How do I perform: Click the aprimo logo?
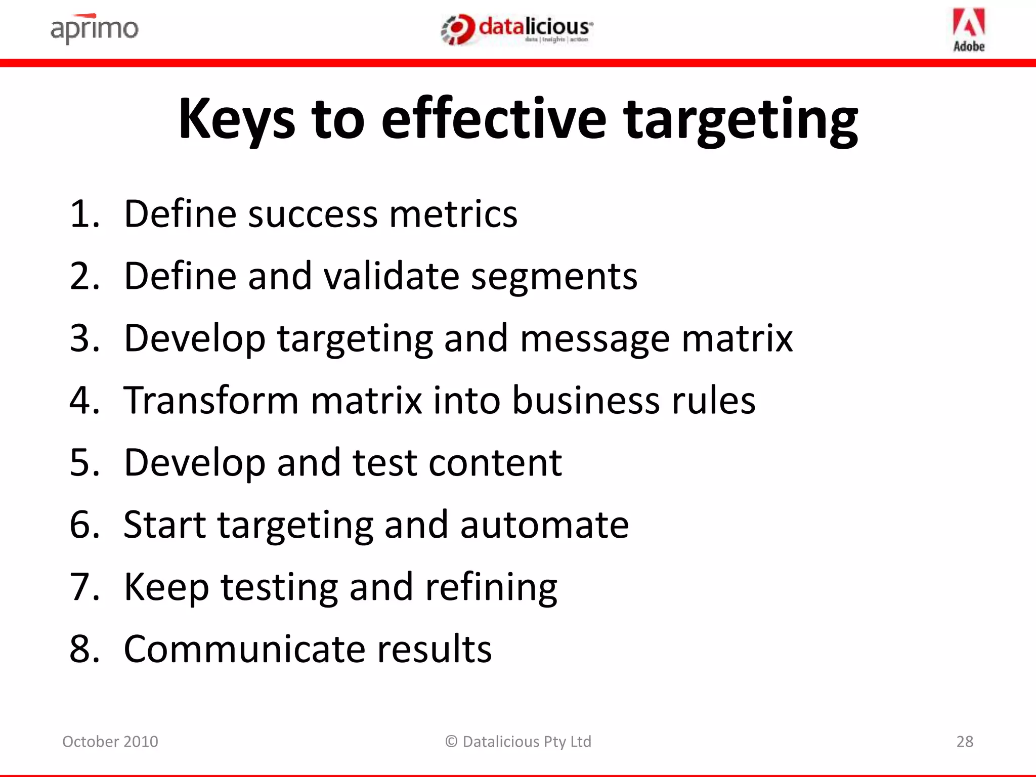tap(94, 29)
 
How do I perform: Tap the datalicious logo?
tap(517, 29)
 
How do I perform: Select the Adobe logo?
tap(969, 30)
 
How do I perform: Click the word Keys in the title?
tap(236, 119)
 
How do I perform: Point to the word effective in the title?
tap(493, 119)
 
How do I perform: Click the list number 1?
tap(84, 214)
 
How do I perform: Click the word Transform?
tap(211, 400)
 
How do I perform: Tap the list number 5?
tap(84, 462)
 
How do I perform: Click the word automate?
tap(544, 525)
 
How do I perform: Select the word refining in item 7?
tap(491, 588)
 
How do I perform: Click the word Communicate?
tap(244, 649)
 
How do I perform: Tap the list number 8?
tap(84, 649)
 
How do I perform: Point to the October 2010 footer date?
tap(110, 742)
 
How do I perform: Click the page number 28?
tap(965, 742)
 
